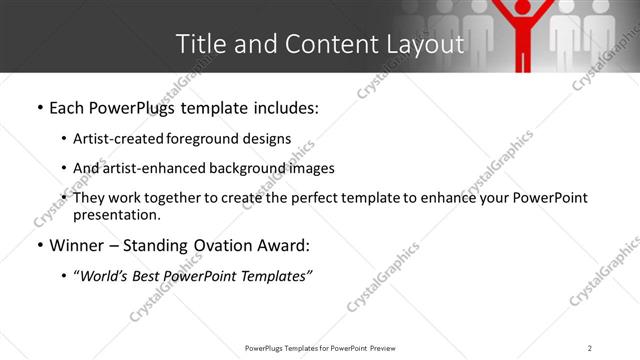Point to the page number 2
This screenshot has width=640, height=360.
(x=590, y=348)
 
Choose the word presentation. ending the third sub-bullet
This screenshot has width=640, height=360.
(x=116, y=214)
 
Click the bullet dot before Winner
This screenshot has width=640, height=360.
(x=38, y=245)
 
